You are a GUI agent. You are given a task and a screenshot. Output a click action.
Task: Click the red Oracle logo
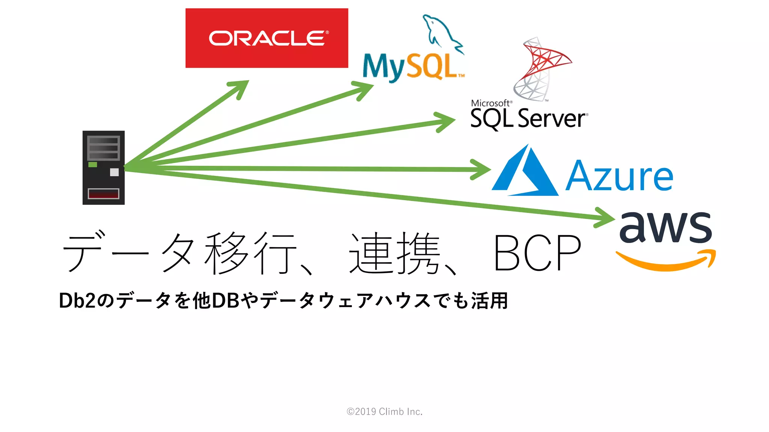click(267, 38)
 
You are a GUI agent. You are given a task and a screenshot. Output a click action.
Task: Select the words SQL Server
click(528, 118)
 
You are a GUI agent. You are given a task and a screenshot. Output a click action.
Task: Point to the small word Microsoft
click(490, 103)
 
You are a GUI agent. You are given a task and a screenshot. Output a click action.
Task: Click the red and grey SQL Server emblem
click(541, 69)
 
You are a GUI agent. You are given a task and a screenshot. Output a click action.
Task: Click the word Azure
click(619, 176)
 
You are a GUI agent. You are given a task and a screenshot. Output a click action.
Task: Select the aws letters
click(665, 227)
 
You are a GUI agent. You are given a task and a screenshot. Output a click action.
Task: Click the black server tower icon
click(104, 168)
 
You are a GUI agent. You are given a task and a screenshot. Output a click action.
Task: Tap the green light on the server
click(93, 165)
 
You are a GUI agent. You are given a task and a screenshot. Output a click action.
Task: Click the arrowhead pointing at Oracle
click(240, 88)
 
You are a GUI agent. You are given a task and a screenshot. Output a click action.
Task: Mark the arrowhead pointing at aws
click(605, 218)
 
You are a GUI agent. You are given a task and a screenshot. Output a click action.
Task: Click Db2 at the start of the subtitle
click(77, 301)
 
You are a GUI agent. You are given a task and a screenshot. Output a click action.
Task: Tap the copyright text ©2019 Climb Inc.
click(384, 412)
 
